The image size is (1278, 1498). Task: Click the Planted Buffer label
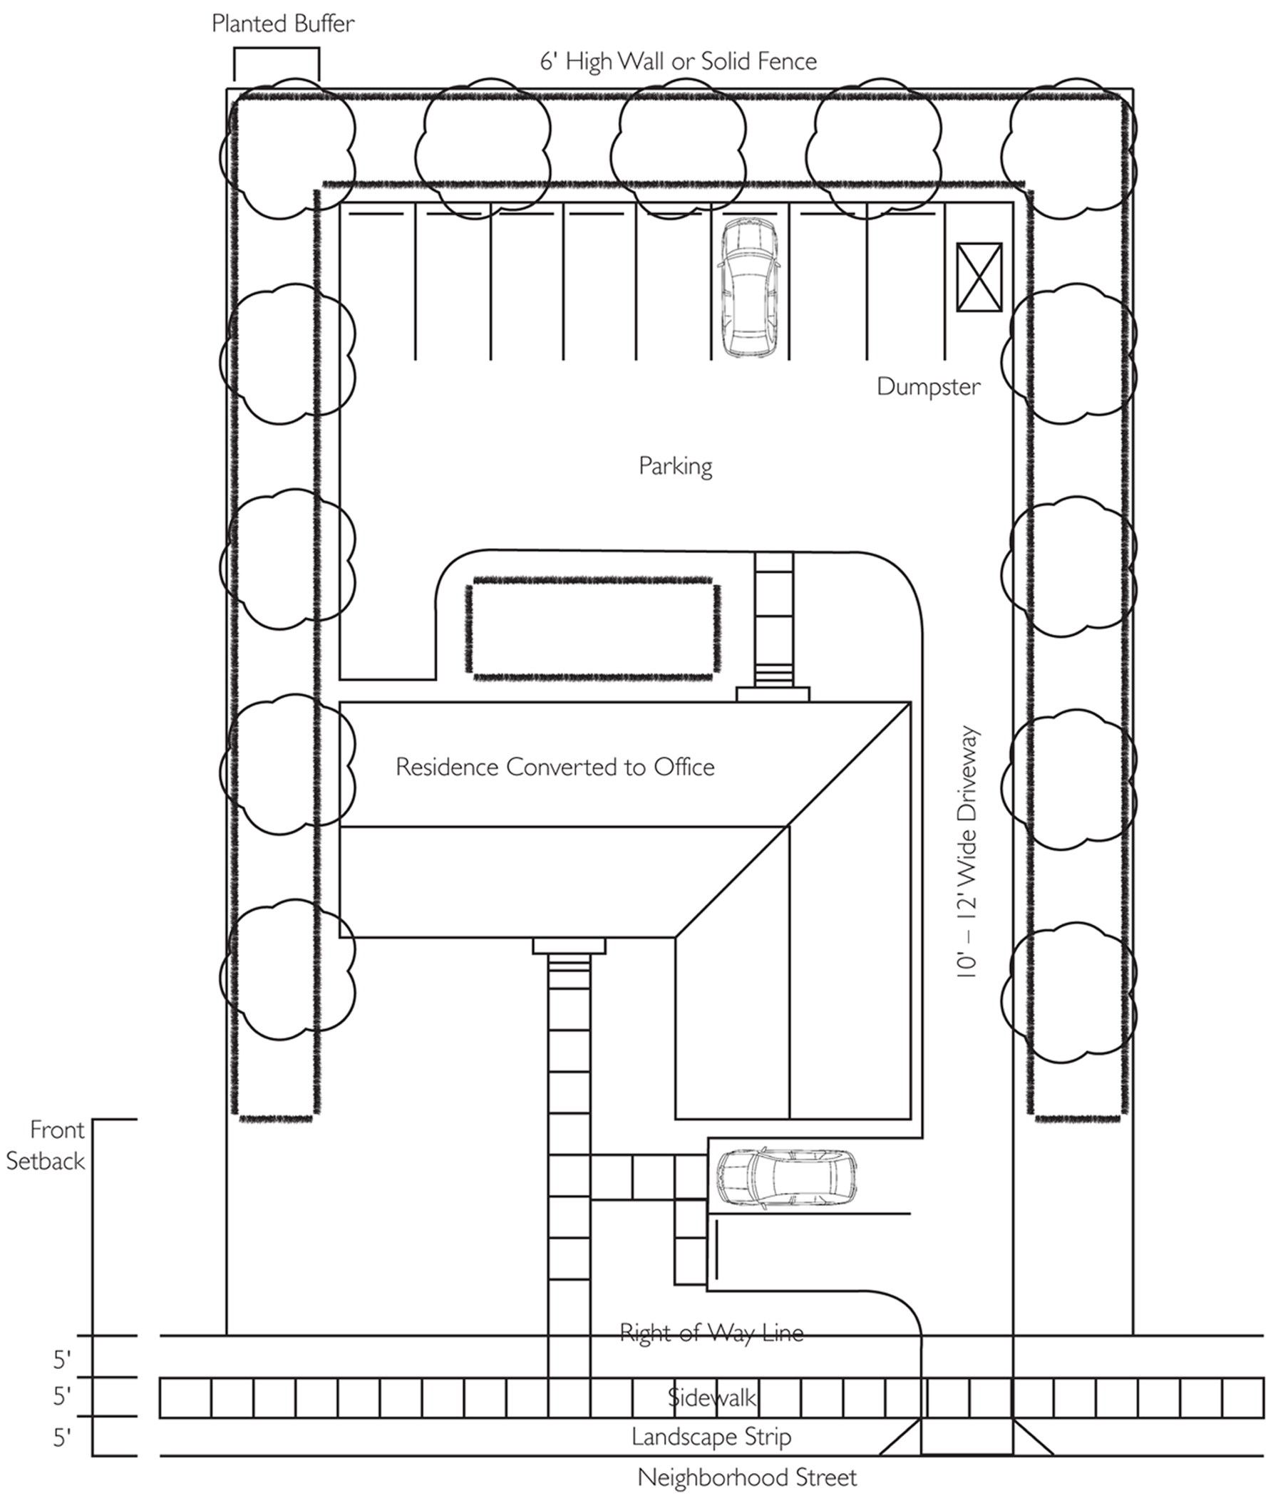coord(283,24)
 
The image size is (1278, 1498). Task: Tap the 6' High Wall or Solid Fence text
coord(678,61)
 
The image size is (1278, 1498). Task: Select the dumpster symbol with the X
coord(979,278)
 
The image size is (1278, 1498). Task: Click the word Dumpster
coord(928,386)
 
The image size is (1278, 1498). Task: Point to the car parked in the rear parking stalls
coord(748,288)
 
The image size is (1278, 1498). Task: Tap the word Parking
coord(675,465)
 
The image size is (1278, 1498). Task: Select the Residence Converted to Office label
coord(555,766)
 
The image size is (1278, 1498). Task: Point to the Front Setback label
coord(46,1145)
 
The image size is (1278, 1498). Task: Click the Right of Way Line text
coord(711,1332)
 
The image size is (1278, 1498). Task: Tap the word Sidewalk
coord(711,1397)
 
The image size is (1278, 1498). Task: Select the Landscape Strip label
coord(711,1437)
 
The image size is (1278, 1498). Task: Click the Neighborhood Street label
coord(746,1477)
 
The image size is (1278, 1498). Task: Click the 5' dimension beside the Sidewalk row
coord(62,1397)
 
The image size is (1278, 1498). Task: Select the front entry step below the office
coord(570,946)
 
